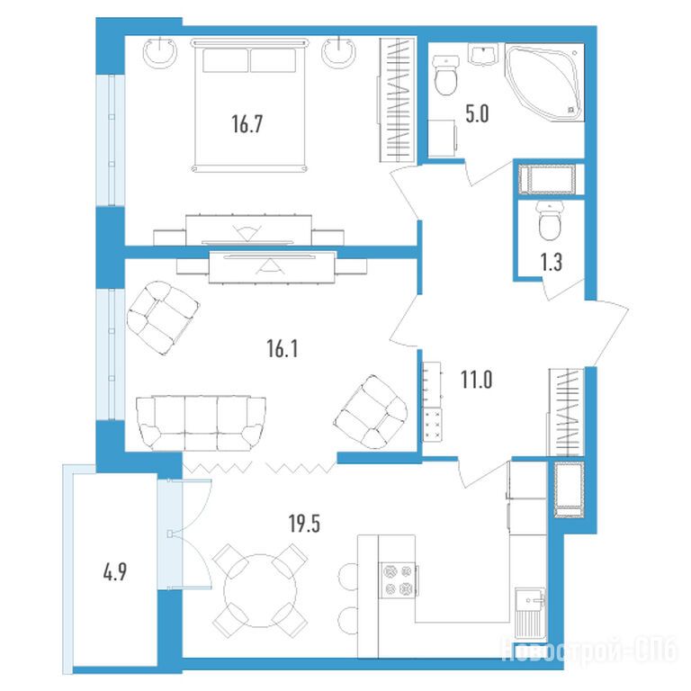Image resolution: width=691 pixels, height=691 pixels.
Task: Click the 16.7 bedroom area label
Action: coord(247,124)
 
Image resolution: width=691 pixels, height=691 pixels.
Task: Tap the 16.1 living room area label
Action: coord(282,349)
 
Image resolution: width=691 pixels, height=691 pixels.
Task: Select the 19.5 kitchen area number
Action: coord(304,524)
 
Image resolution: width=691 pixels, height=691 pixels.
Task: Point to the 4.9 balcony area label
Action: coord(114,572)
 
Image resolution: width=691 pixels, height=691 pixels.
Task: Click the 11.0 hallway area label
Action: coord(476,380)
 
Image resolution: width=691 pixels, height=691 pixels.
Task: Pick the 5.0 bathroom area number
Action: coord(477,113)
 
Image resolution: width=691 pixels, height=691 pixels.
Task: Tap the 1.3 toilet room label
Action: coord(552,262)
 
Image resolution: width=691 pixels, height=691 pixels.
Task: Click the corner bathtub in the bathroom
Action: coord(544,82)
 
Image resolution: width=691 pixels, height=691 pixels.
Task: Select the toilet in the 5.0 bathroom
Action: coord(446,75)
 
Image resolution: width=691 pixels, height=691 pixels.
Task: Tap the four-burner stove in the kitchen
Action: coord(399,580)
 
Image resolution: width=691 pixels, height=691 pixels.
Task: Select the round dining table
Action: coord(259,590)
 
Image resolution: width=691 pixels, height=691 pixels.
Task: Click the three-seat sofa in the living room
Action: coord(201,423)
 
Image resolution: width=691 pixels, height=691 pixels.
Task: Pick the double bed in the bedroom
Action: coord(250,105)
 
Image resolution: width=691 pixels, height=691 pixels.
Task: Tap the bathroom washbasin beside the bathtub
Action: coord(483,55)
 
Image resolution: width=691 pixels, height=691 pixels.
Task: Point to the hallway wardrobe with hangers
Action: coord(566,411)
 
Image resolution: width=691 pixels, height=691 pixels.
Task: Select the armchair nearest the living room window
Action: coord(162,317)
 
